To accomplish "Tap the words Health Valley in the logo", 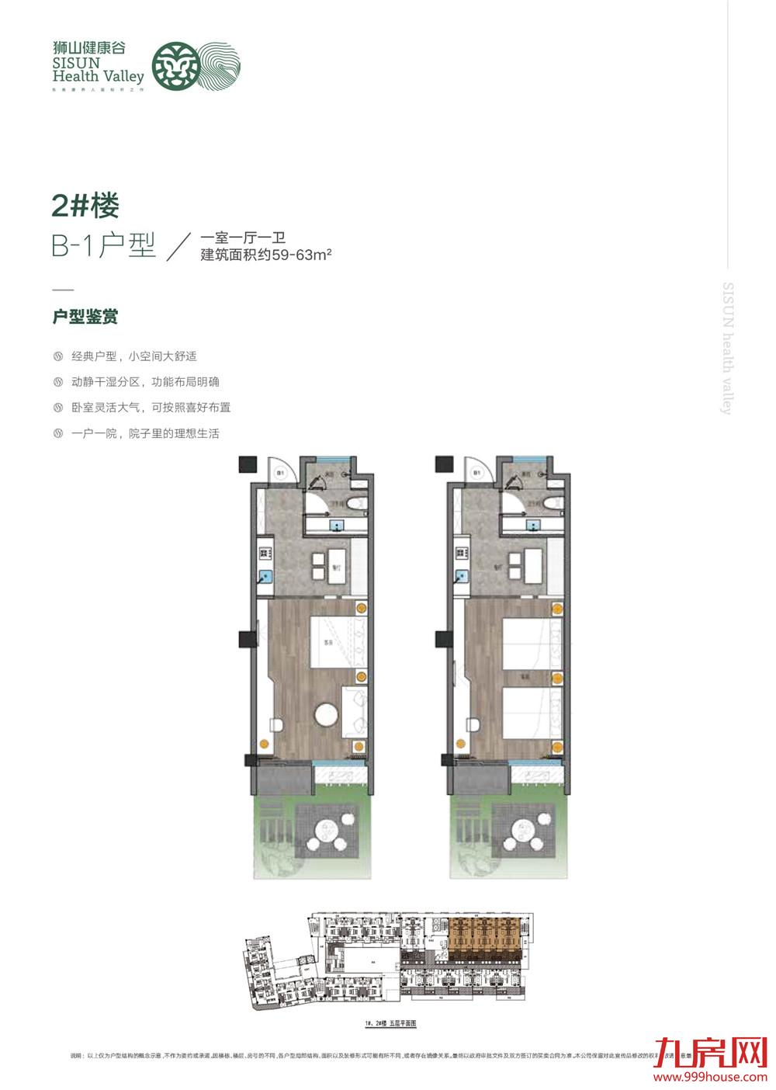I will point(99,76).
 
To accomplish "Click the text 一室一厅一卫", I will point(243,238).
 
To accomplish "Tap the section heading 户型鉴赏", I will point(85,317).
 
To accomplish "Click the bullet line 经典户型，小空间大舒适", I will point(133,356).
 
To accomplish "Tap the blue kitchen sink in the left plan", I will point(265,577).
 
